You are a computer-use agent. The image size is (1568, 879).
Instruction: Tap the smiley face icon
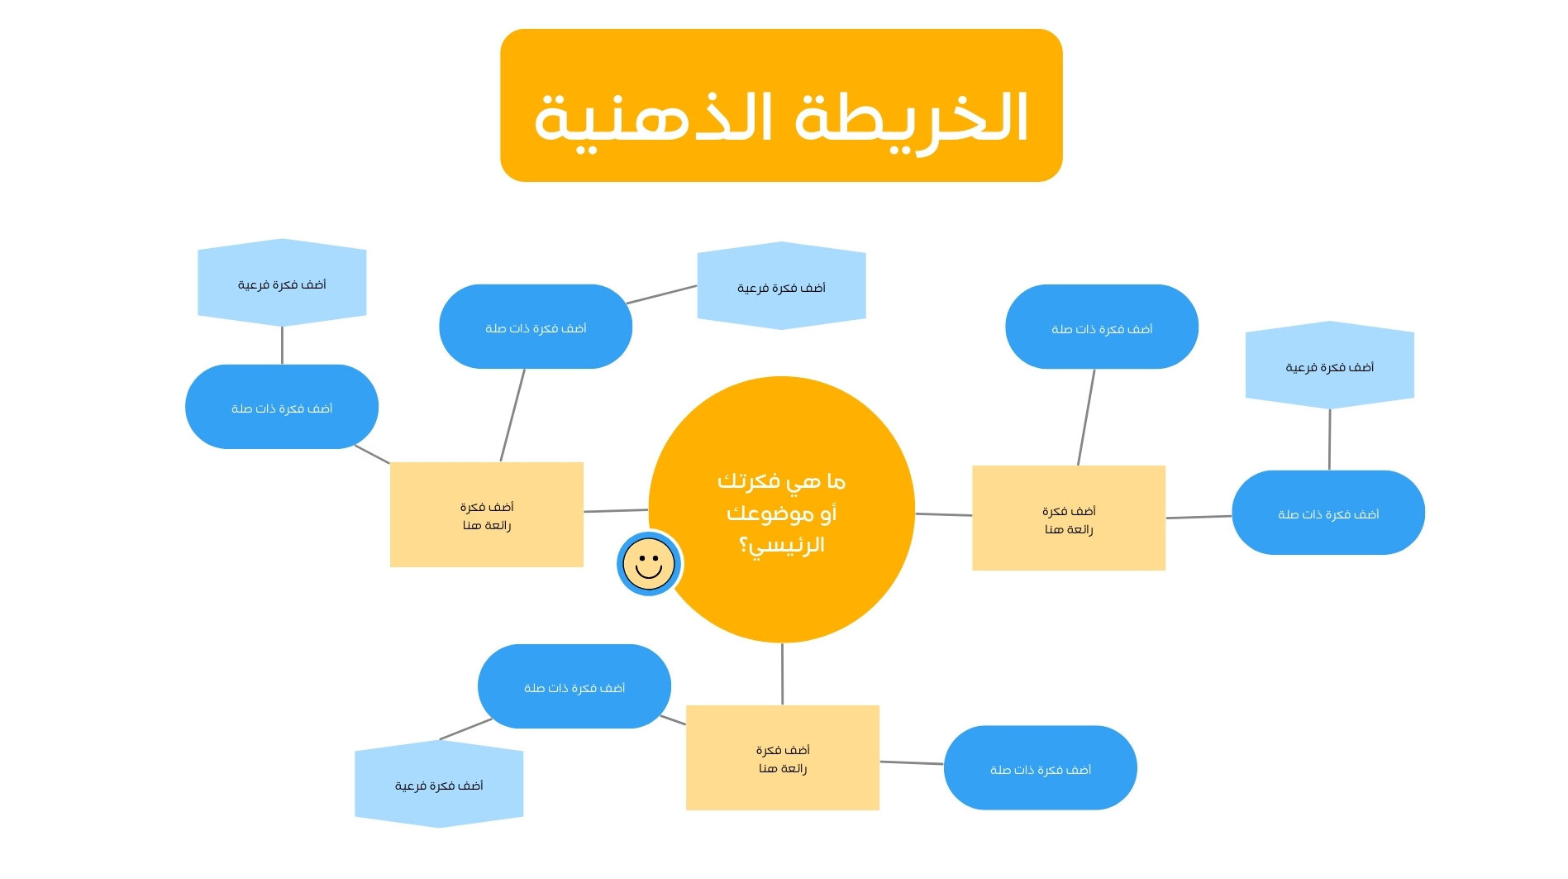click(649, 564)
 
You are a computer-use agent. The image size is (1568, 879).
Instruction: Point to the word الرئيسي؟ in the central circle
click(782, 545)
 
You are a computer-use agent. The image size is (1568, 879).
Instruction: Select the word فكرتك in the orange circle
click(748, 481)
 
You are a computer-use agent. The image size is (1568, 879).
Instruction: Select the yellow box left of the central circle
click(487, 514)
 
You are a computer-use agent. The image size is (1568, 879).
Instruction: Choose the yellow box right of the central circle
click(1069, 518)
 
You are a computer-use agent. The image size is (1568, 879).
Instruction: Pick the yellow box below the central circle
click(783, 757)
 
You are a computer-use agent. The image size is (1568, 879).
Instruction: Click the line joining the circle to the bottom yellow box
click(782, 674)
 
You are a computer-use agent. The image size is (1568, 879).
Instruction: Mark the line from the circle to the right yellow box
click(943, 514)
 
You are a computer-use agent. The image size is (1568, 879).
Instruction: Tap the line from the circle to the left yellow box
click(616, 511)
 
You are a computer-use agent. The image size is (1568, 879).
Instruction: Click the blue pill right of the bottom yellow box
click(1041, 768)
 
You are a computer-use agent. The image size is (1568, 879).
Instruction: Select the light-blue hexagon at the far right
click(1330, 365)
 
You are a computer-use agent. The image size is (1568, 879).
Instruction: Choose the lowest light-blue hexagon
click(439, 784)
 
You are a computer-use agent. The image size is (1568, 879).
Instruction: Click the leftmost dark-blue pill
click(282, 407)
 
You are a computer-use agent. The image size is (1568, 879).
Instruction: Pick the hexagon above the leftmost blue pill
click(282, 283)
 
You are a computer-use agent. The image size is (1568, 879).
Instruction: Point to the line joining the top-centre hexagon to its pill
click(661, 295)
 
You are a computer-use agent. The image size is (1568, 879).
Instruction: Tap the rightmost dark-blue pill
click(1328, 513)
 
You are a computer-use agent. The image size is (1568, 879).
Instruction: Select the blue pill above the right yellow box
click(1102, 327)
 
